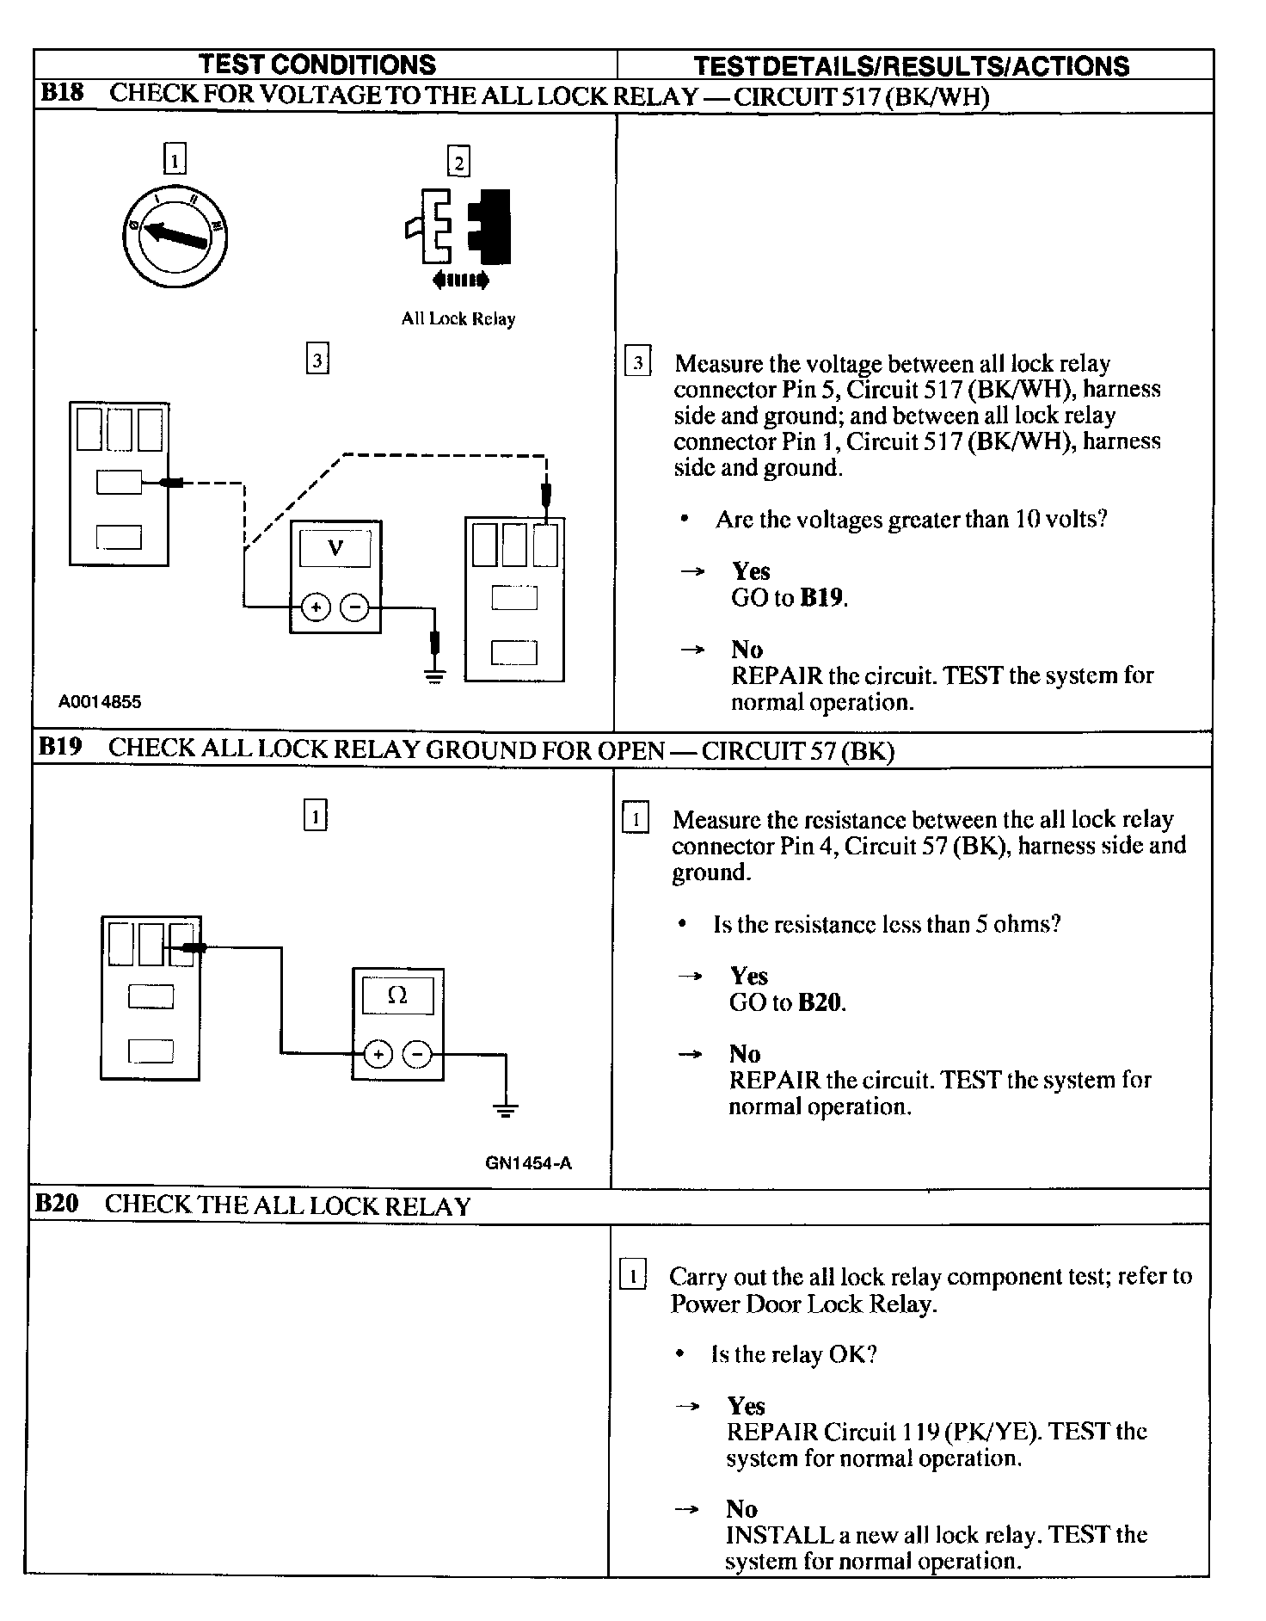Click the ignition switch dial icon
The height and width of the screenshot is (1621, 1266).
(175, 234)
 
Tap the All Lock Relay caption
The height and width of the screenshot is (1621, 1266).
(458, 319)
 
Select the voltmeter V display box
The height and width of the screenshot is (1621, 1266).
(335, 548)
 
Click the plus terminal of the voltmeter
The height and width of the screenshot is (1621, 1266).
(316, 608)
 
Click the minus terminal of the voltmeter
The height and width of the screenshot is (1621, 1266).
(354, 608)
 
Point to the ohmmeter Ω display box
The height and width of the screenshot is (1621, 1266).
(397, 995)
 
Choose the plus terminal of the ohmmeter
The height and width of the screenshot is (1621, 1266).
(378, 1054)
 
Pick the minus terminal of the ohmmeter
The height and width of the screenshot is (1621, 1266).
(417, 1054)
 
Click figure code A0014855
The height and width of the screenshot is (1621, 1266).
(100, 702)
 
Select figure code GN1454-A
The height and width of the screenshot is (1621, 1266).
(528, 1163)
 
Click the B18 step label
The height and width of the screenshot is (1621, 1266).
(62, 95)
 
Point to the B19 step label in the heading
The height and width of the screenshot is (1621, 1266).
(60, 747)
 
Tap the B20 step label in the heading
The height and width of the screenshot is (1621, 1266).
(57, 1203)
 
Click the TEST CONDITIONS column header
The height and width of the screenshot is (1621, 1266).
(317, 65)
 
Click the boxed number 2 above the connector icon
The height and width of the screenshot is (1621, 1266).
(458, 162)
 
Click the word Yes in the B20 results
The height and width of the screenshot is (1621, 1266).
(746, 1406)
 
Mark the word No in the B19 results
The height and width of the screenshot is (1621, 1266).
(745, 1054)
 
